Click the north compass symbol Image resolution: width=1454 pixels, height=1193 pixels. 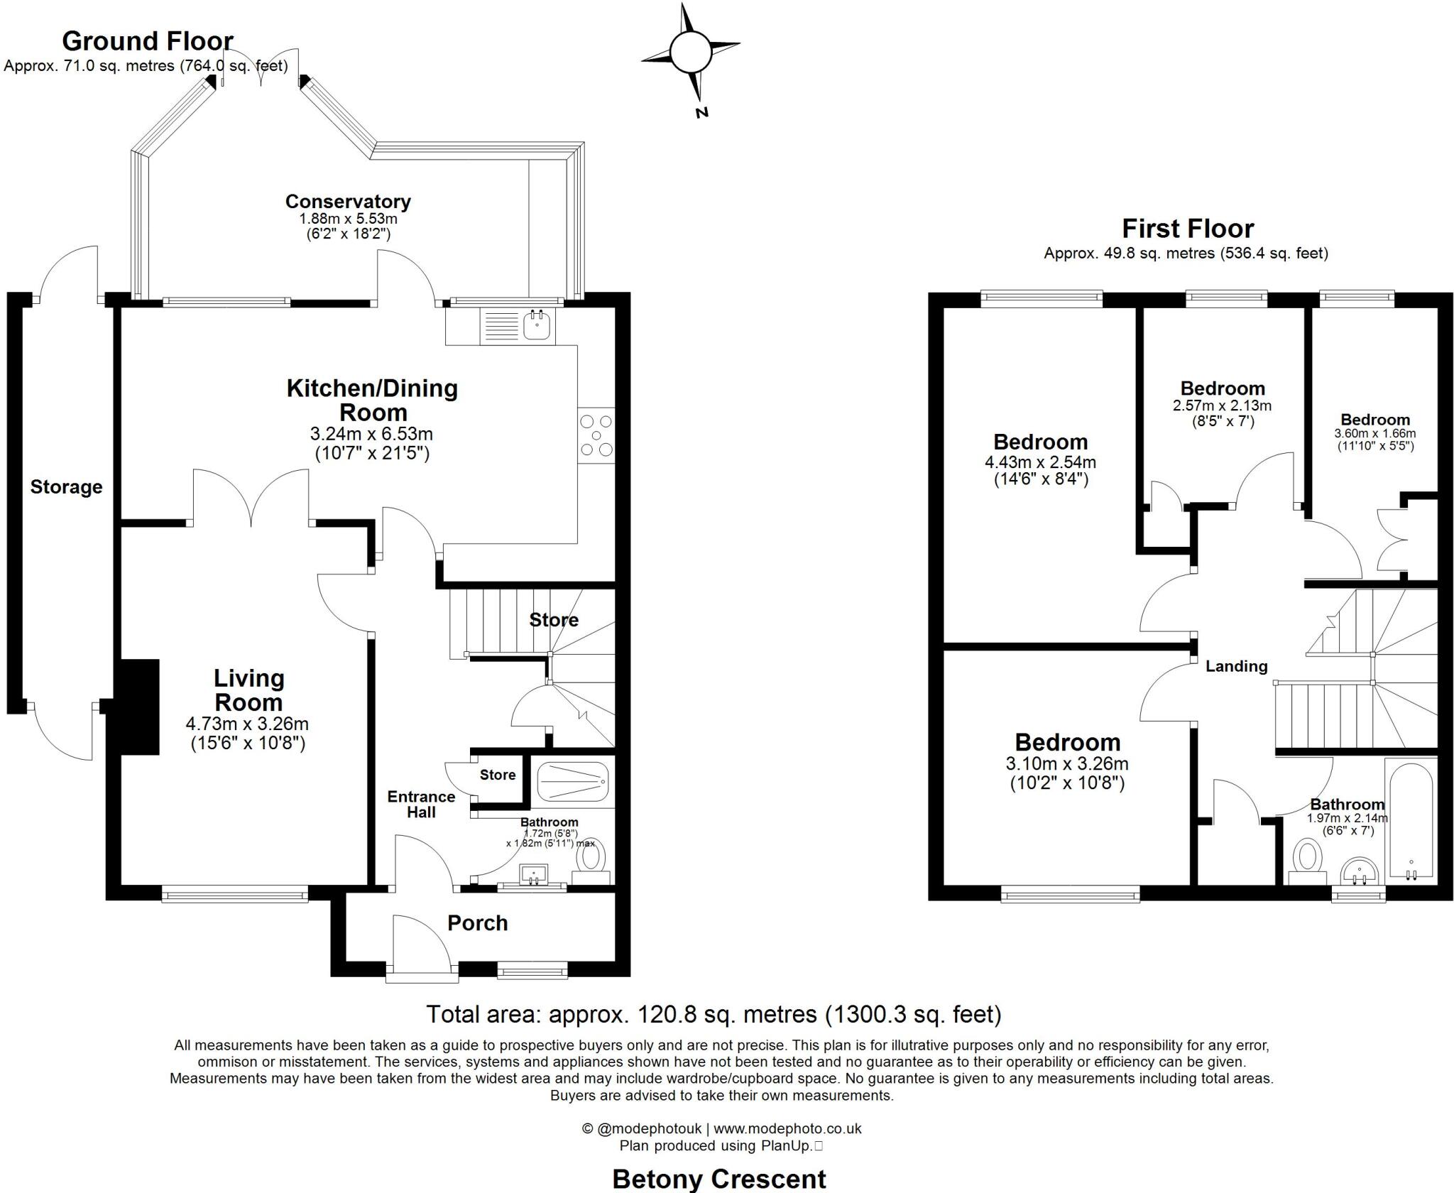689,54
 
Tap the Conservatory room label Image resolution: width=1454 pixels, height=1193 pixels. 348,202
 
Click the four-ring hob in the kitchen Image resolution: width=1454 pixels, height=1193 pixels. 596,435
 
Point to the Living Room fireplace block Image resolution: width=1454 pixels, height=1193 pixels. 139,706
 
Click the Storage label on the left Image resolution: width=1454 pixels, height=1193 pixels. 66,487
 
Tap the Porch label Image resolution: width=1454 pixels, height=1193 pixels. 477,923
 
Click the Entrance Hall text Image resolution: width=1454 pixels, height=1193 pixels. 421,804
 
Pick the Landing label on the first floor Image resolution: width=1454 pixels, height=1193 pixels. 1236,666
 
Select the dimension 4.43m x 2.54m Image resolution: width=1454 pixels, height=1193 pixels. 1040,462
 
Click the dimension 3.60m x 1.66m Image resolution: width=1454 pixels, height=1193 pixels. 1374,433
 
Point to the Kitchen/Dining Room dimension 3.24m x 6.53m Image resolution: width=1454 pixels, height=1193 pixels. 371,434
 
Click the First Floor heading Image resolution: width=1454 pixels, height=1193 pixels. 1187,229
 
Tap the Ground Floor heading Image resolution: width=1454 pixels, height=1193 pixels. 148,41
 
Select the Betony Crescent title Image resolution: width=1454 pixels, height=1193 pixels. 718,1180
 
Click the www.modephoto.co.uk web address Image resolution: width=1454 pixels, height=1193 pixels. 787,1128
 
